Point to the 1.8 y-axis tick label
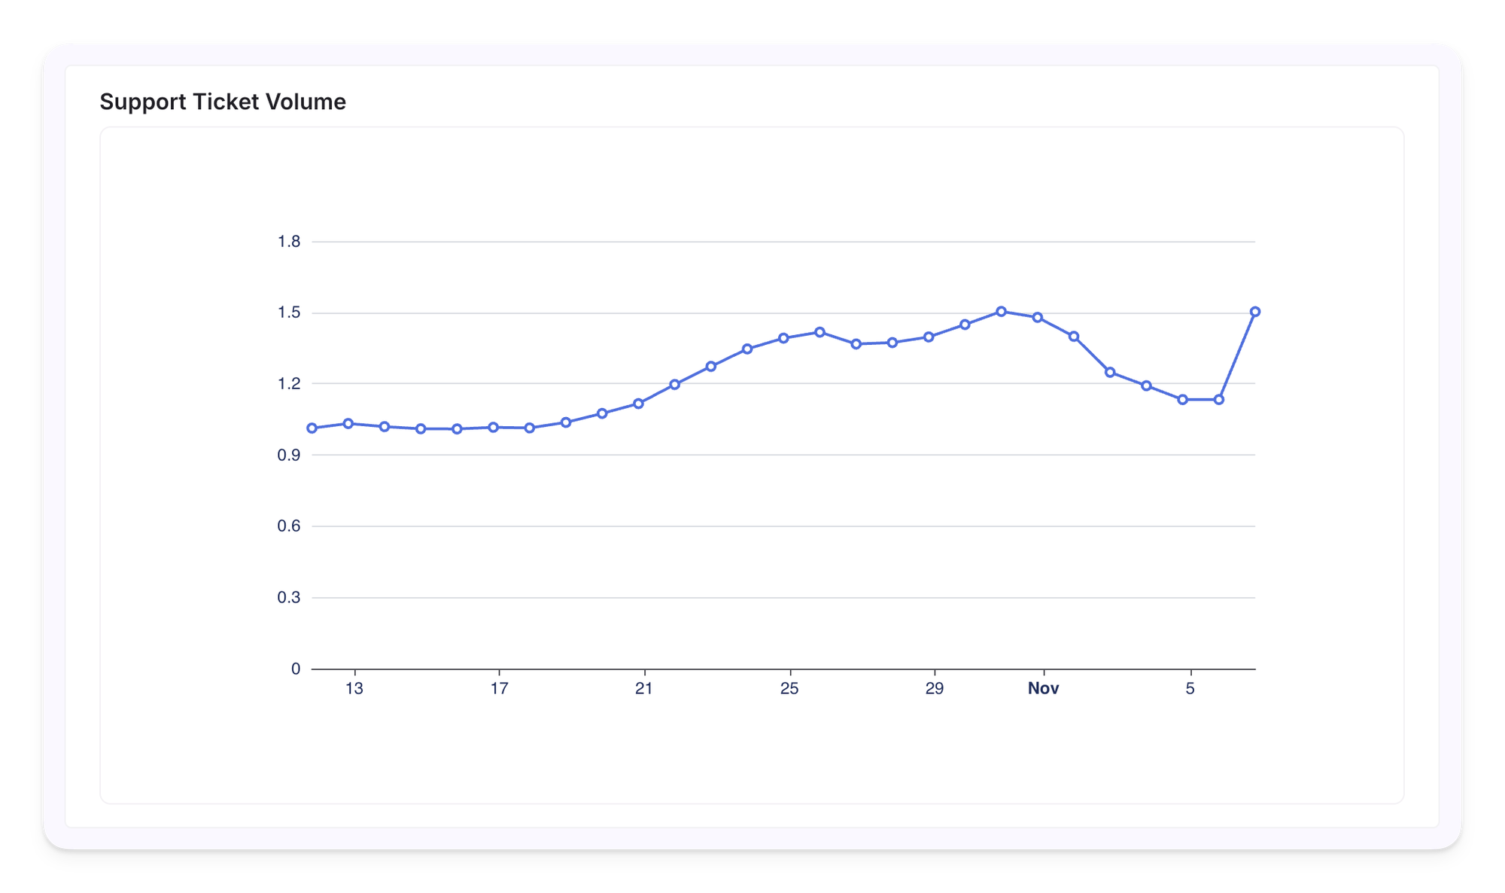click(x=289, y=242)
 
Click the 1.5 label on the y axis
click(x=289, y=312)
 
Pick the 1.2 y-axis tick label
click(x=289, y=384)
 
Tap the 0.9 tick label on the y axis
click(x=289, y=456)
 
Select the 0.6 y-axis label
click(x=289, y=526)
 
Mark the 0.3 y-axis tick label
click(x=289, y=598)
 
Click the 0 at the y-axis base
click(x=296, y=669)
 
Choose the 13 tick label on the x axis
click(x=354, y=688)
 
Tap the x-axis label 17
click(x=499, y=688)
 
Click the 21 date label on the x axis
click(x=644, y=688)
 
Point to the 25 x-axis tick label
click(x=789, y=688)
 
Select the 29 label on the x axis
click(x=934, y=688)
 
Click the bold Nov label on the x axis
click(x=1043, y=688)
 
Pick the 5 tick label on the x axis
click(x=1190, y=688)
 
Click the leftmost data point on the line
click(x=312, y=428)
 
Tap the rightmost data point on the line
click(x=1255, y=312)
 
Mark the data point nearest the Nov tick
click(x=1038, y=318)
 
